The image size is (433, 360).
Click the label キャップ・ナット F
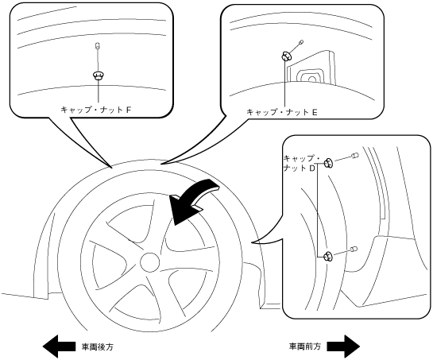tap(96, 110)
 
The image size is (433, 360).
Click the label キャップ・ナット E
tap(282, 112)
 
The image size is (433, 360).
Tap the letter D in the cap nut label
tap(312, 168)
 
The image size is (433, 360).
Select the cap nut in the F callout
tap(98, 75)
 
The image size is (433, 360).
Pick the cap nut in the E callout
tap(285, 56)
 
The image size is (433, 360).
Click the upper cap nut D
tap(329, 163)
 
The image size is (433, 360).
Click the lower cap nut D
tap(328, 257)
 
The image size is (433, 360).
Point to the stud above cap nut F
tap(97, 45)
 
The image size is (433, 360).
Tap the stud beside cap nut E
tap(301, 42)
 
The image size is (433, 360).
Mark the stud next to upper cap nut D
tap(355, 155)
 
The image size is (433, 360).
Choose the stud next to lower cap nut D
tap(354, 249)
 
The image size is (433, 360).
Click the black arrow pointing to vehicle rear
tap(59, 346)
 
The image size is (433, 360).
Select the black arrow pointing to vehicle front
tap(343, 346)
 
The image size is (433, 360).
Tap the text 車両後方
tap(98, 346)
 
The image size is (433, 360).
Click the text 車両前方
tap(305, 346)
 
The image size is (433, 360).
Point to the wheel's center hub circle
tap(150, 262)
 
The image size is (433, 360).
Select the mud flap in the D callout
tap(387, 271)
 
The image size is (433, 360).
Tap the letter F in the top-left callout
tap(129, 110)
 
